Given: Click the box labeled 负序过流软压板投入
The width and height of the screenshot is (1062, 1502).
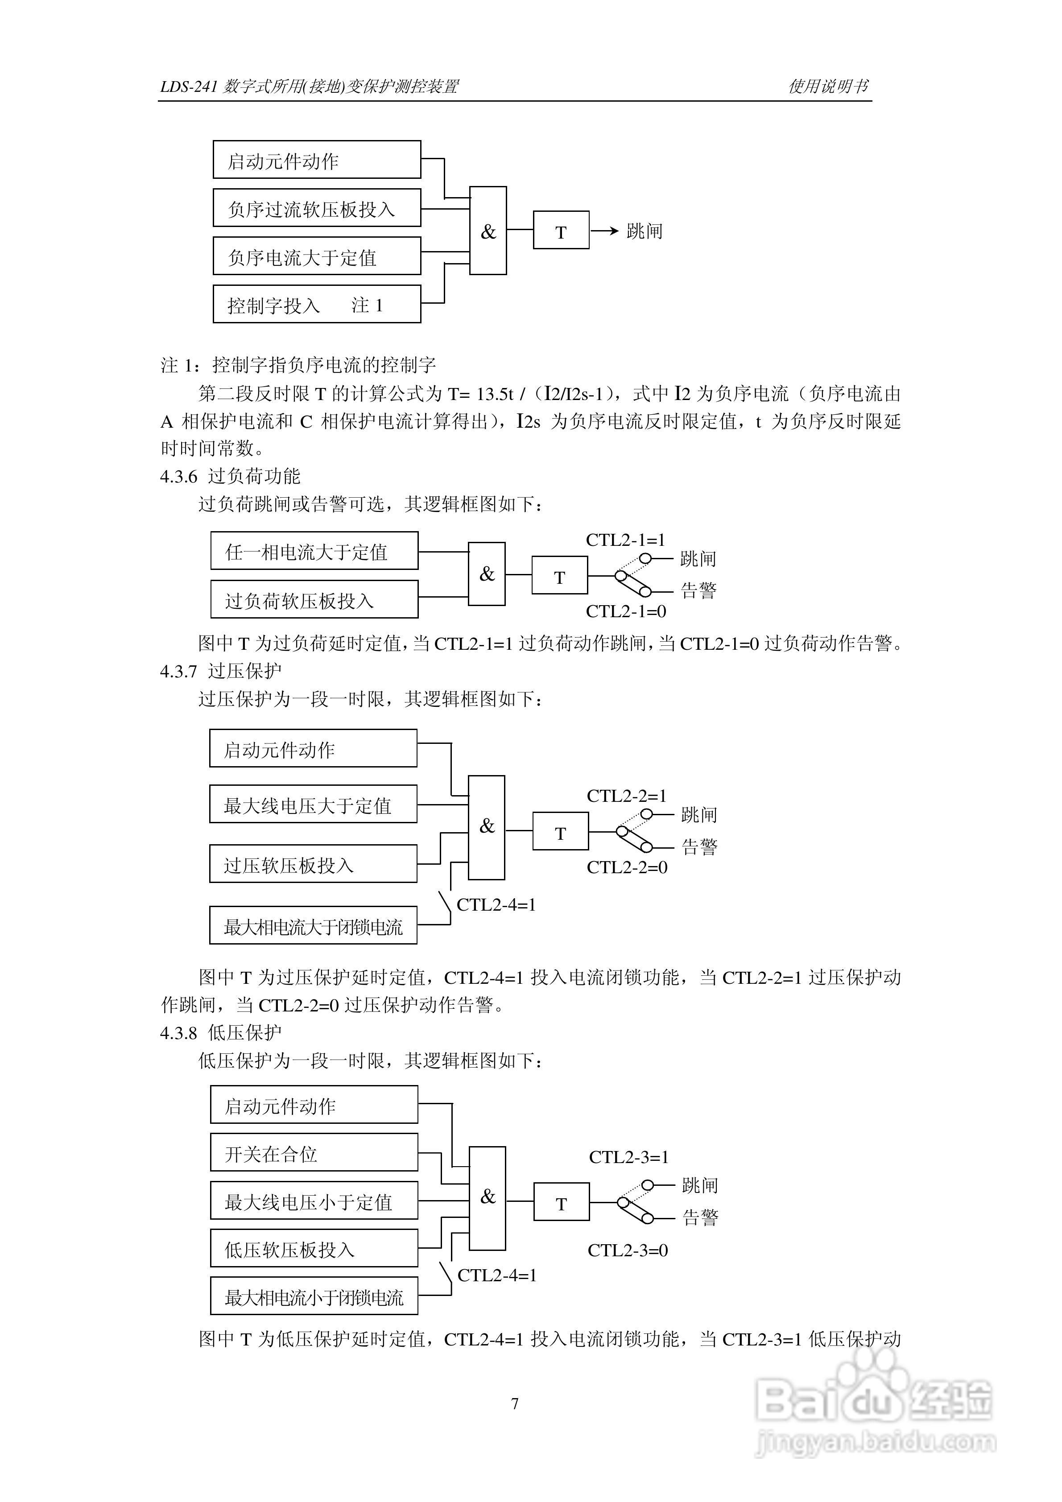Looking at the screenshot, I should [x=317, y=208].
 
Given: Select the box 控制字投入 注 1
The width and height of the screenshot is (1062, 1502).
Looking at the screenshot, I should [x=317, y=304].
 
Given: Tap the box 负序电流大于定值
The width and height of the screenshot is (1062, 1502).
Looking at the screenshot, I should [x=317, y=256].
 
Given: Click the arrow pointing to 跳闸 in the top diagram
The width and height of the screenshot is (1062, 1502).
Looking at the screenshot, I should [x=605, y=230].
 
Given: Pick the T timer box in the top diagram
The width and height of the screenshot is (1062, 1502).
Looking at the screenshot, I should [x=561, y=230].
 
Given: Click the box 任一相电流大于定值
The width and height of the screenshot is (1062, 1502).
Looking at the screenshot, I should [x=314, y=552].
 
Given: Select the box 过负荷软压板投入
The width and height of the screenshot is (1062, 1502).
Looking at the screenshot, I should [x=314, y=600].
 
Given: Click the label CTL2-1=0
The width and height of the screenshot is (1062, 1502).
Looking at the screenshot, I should [x=625, y=612].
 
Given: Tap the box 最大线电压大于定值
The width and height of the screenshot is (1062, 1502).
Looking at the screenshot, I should [x=313, y=805].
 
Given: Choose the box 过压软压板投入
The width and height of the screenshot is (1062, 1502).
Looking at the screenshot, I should [x=313, y=864].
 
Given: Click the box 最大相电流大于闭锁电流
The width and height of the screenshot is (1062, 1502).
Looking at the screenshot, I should [x=313, y=926].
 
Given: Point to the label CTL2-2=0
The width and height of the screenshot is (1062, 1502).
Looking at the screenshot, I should [x=627, y=867].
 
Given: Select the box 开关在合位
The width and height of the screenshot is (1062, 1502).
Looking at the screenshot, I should [x=314, y=1153].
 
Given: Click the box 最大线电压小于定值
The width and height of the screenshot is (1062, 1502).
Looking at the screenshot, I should [x=314, y=1201].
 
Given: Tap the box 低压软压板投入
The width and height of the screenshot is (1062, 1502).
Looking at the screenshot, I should [x=314, y=1249].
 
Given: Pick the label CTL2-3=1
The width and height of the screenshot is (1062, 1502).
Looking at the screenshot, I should [x=629, y=1157].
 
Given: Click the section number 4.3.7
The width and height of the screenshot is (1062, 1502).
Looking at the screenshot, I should [x=178, y=671].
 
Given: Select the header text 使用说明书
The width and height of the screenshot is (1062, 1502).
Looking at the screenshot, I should [x=828, y=87].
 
